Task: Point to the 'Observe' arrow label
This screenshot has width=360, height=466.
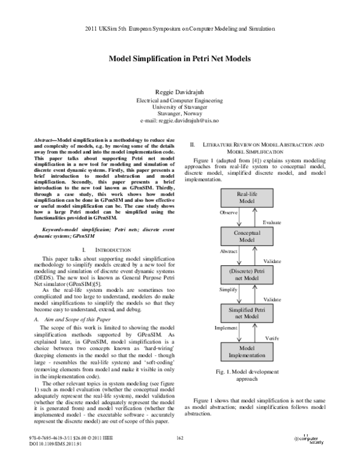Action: pyautogui.click(x=229, y=213)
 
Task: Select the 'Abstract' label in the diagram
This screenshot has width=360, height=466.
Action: pyautogui.click(x=229, y=252)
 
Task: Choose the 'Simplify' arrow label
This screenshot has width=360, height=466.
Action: pyautogui.click(x=229, y=289)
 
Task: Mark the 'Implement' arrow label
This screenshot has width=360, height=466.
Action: pyautogui.click(x=227, y=328)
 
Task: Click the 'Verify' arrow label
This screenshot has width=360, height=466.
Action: pyautogui.click(x=271, y=339)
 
